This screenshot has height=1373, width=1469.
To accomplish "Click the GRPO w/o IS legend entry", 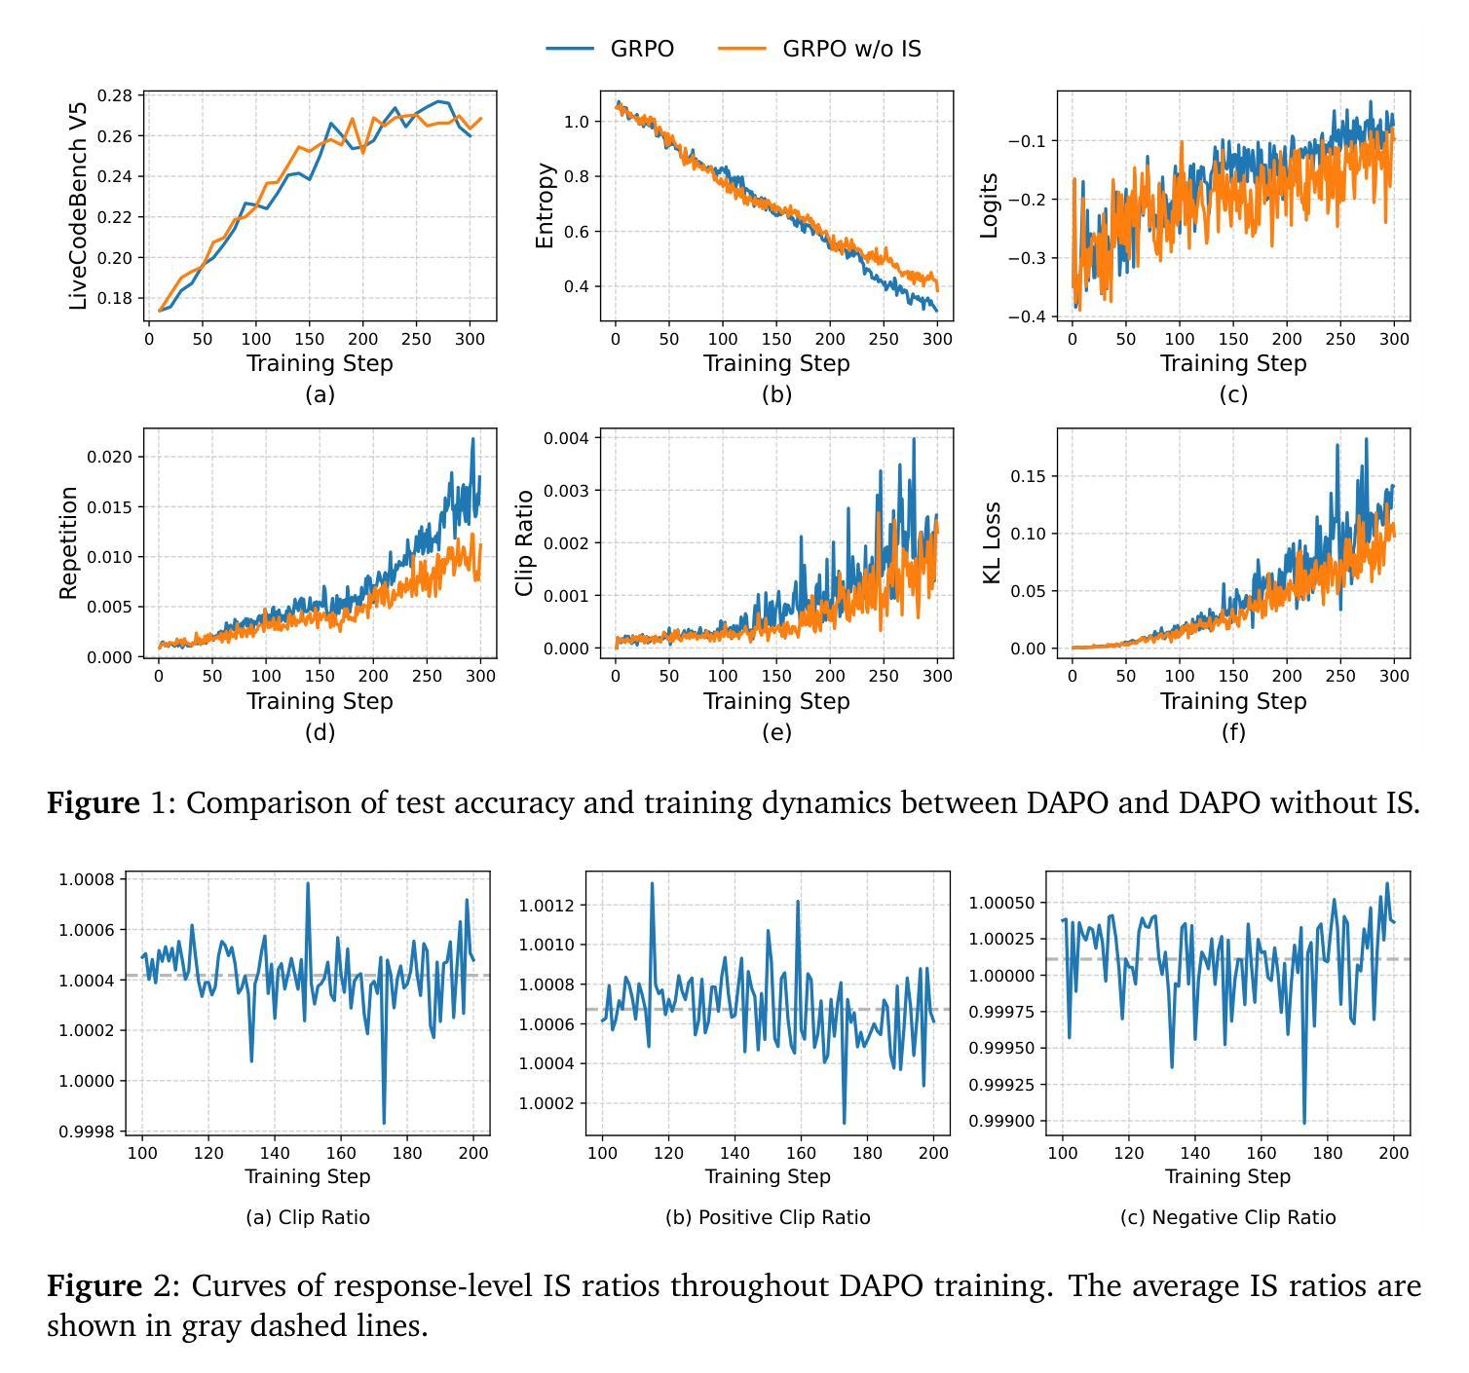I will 850,49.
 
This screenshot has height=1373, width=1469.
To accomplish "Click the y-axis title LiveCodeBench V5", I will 79,205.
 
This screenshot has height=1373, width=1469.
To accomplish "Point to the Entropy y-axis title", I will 545,205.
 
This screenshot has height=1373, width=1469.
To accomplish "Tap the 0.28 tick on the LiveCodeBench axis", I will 116,95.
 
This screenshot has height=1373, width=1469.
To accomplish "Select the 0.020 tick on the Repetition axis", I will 109,457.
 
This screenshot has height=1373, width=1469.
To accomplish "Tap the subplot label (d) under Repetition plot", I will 320,732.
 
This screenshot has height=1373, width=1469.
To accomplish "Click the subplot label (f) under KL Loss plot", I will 1233,732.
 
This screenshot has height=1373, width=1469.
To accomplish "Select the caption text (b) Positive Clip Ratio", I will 768,1217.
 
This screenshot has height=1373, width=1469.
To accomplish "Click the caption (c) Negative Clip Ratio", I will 1227,1217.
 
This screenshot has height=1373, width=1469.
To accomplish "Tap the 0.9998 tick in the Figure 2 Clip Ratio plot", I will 87,1132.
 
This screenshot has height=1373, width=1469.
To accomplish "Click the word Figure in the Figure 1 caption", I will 94,803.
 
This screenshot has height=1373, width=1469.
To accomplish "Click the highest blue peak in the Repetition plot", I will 473,439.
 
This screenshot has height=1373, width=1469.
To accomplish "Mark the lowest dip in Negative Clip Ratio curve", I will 1304,1123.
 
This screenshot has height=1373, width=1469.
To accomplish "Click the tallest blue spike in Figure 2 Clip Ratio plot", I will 308,884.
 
